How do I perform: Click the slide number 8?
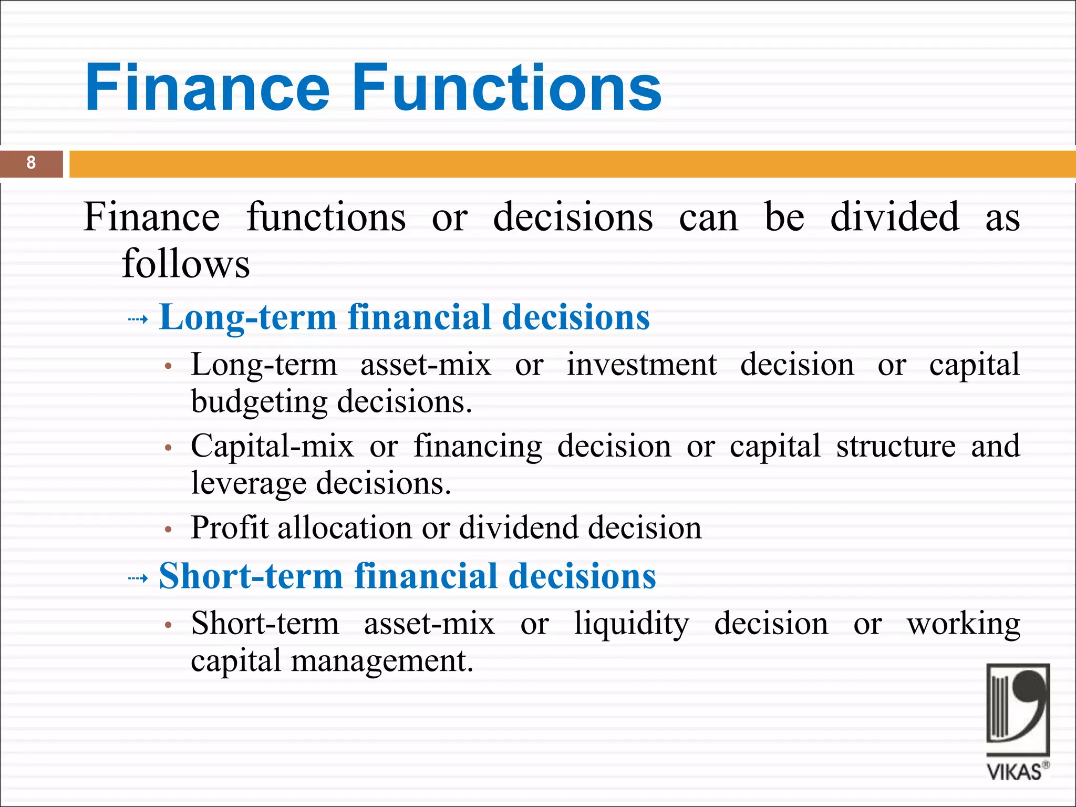pos(31,163)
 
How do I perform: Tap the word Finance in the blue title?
pos(207,87)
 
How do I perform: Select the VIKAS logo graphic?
pos(1017,709)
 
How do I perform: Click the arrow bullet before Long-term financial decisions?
pos(138,319)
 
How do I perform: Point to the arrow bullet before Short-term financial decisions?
pos(138,578)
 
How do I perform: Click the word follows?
pos(185,263)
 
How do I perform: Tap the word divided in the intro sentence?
pos(894,216)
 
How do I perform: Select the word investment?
pos(642,364)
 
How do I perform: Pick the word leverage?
pos(249,483)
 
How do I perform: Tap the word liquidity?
pos(631,624)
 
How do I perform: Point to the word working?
pos(963,624)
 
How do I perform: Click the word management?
pos(382,661)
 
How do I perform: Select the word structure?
pos(896,446)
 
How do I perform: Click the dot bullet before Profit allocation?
pos(168,530)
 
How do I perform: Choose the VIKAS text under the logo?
pos(1014,772)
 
